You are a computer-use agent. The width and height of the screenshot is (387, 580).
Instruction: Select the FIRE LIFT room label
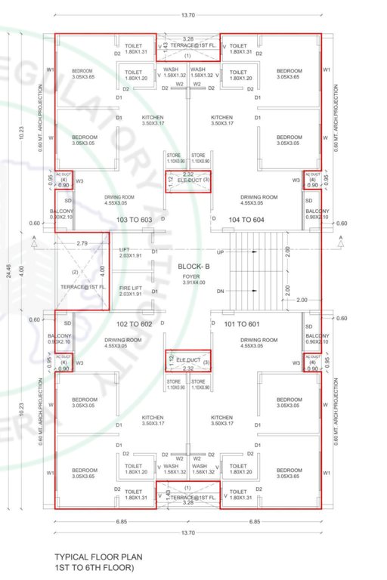pyautogui.click(x=131, y=289)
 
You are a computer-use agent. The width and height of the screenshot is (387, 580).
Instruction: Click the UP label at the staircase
pyautogui.click(x=220, y=251)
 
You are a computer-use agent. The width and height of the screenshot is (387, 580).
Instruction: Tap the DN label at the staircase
pyautogui.click(x=220, y=292)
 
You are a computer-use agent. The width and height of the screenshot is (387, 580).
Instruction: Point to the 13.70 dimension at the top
pyautogui.click(x=188, y=15)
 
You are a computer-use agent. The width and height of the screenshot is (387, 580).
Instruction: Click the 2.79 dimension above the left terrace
pyautogui.click(x=82, y=243)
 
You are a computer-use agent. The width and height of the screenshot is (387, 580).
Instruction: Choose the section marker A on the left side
pyautogui.click(x=35, y=239)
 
